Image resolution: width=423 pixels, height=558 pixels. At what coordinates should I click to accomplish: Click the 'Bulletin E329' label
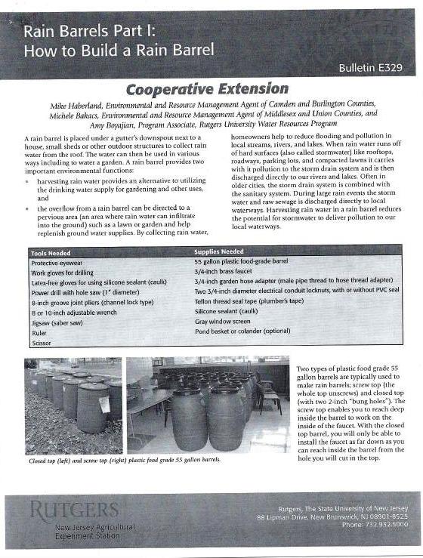pyautogui.click(x=370, y=68)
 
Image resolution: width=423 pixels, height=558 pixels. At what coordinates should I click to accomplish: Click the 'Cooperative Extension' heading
pyautogui.click(x=196, y=90)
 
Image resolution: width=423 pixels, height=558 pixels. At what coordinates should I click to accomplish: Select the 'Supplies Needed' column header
pyautogui.click(x=219, y=251)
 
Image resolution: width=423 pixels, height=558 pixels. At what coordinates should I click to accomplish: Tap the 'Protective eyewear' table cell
pyautogui.click(x=61, y=263)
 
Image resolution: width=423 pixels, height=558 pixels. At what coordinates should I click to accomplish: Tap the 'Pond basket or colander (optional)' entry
pyautogui.click(x=242, y=331)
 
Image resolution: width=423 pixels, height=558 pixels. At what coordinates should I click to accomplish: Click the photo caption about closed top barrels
pyautogui.click(x=125, y=460)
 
